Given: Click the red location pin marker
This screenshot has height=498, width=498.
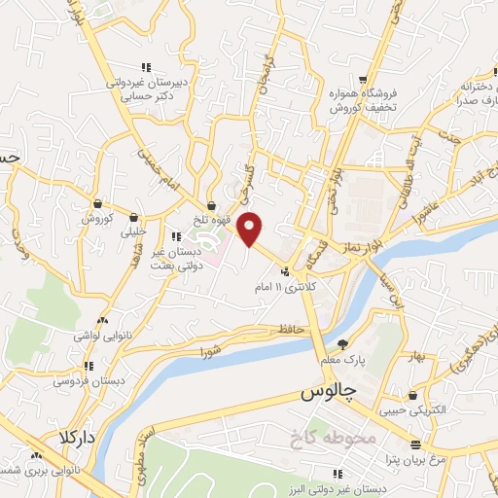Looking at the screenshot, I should pos(251,229).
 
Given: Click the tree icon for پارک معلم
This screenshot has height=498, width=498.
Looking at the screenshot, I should pos(341,343).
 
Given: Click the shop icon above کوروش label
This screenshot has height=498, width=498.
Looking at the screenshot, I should pos(97,203).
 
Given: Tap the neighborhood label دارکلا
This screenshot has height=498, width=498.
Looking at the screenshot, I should pos(78,437).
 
